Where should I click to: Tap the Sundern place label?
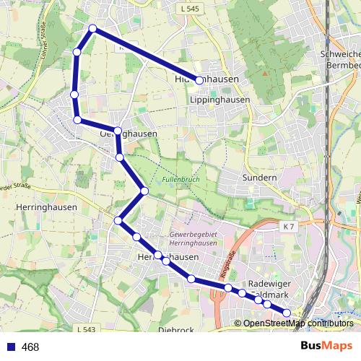click(258, 178)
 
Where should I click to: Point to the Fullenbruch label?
click(180, 178)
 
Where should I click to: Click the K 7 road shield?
click(288, 227)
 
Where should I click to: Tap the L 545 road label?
click(189, 8)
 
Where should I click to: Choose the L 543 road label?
click(84, 329)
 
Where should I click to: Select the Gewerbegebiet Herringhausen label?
click(193, 240)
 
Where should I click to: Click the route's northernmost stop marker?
click(92, 29)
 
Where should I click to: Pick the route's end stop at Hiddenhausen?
click(199, 81)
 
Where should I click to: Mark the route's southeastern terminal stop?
click(287, 313)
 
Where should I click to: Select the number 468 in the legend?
click(30, 347)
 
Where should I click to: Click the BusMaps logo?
click(326, 347)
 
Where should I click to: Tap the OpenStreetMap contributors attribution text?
click(297, 323)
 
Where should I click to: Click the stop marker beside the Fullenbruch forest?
click(144, 191)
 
